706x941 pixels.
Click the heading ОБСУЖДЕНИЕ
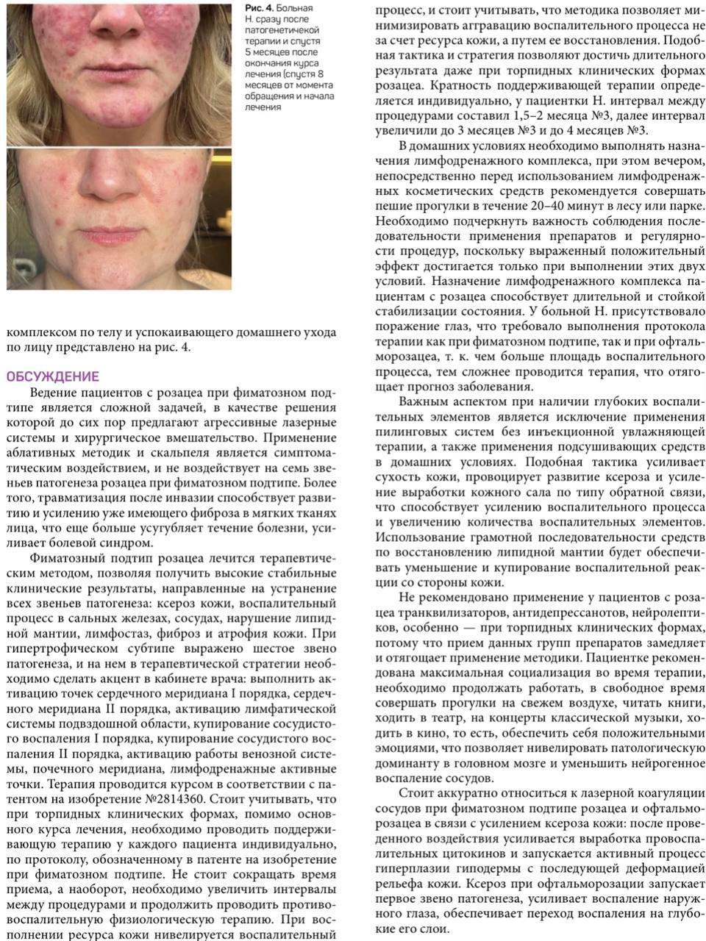click(52, 376)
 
